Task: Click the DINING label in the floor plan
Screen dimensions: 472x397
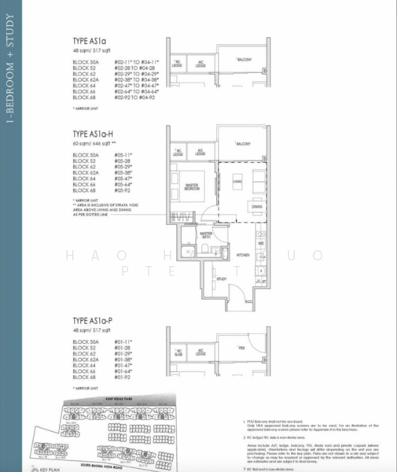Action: tap(256, 207)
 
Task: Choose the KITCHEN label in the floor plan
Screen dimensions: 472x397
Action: tap(244, 256)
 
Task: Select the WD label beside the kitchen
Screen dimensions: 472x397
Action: tap(260, 243)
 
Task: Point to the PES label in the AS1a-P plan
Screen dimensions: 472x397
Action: tap(242, 347)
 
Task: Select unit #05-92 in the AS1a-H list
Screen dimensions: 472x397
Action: tap(123, 190)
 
